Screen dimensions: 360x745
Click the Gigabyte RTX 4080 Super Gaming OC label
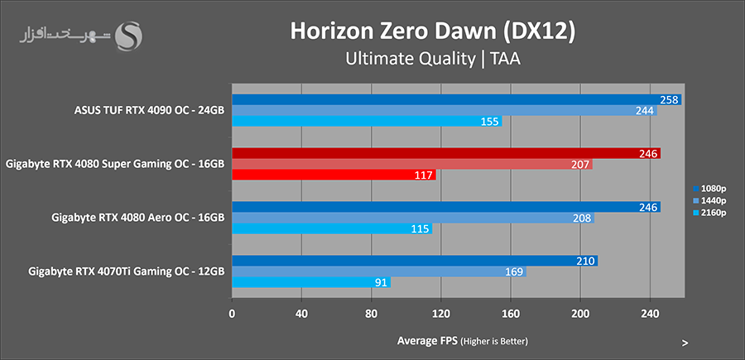(x=115, y=164)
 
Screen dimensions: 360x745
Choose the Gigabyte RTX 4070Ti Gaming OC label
(x=127, y=271)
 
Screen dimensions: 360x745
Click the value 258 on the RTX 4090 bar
(x=670, y=99)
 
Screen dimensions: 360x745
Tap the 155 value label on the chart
(x=490, y=121)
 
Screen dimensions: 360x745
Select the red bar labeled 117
(x=334, y=175)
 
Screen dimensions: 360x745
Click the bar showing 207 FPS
(x=411, y=164)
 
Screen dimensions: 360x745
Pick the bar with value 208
(x=412, y=218)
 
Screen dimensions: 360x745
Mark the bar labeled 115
(x=331, y=228)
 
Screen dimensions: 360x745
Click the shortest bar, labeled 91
(x=310, y=282)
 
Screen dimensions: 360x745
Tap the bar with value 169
(x=378, y=271)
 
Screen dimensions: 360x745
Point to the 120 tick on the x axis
(x=441, y=314)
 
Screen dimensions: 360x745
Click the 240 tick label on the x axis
(x=650, y=314)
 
